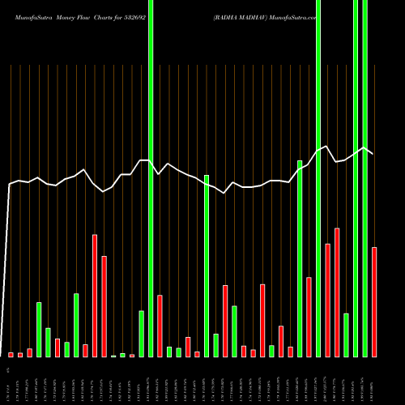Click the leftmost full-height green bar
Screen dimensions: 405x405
click(151, 178)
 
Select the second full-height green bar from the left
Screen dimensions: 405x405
click(318, 178)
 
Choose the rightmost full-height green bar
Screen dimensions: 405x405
click(365, 178)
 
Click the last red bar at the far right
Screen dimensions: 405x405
click(374, 301)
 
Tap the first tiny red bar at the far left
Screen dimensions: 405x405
click(11, 355)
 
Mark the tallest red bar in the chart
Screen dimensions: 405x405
click(95, 296)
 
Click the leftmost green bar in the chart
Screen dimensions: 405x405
click(39, 329)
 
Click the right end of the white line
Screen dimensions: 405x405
click(373, 153)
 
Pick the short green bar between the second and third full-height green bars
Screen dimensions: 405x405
click(346, 335)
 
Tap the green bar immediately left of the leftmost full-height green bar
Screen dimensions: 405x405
click(141, 334)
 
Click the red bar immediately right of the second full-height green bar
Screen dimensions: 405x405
click(327, 300)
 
